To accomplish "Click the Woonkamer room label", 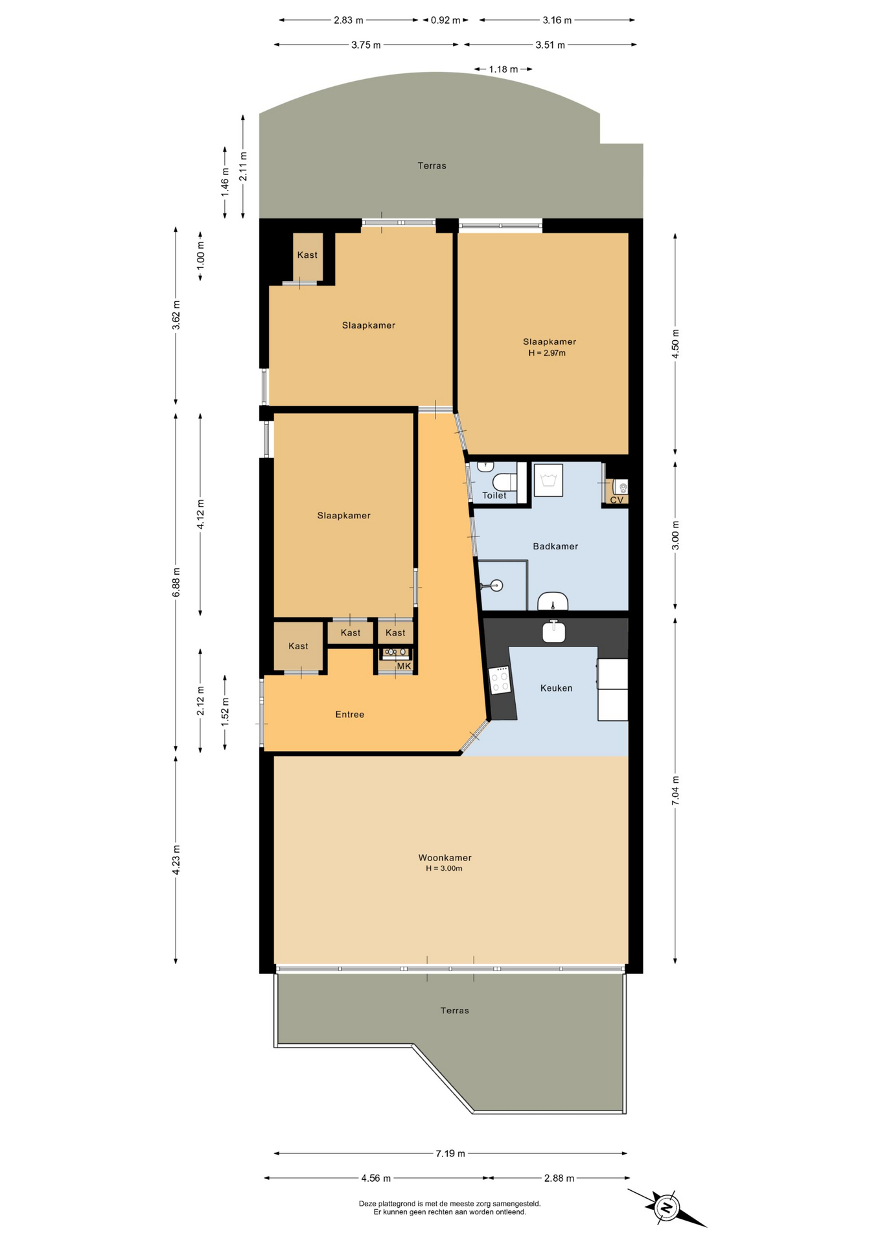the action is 445,857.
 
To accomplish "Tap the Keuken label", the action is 556,688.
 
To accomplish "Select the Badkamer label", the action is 555,546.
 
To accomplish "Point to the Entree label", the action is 349,715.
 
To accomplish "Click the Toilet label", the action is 494,496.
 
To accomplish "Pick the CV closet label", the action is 617,500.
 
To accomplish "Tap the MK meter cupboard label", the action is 404,666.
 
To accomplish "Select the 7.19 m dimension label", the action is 450,1153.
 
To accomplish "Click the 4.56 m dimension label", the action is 376,1178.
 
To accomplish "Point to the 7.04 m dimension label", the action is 675,790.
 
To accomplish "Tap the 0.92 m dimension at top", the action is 445,20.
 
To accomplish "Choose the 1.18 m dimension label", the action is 504,69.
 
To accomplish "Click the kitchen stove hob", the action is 500,680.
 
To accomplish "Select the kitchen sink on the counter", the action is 554,632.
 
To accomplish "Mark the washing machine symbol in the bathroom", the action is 548,480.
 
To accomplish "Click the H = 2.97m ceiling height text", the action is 547,353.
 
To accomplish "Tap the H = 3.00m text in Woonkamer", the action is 444,868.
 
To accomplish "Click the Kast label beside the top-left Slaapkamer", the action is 307,255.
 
